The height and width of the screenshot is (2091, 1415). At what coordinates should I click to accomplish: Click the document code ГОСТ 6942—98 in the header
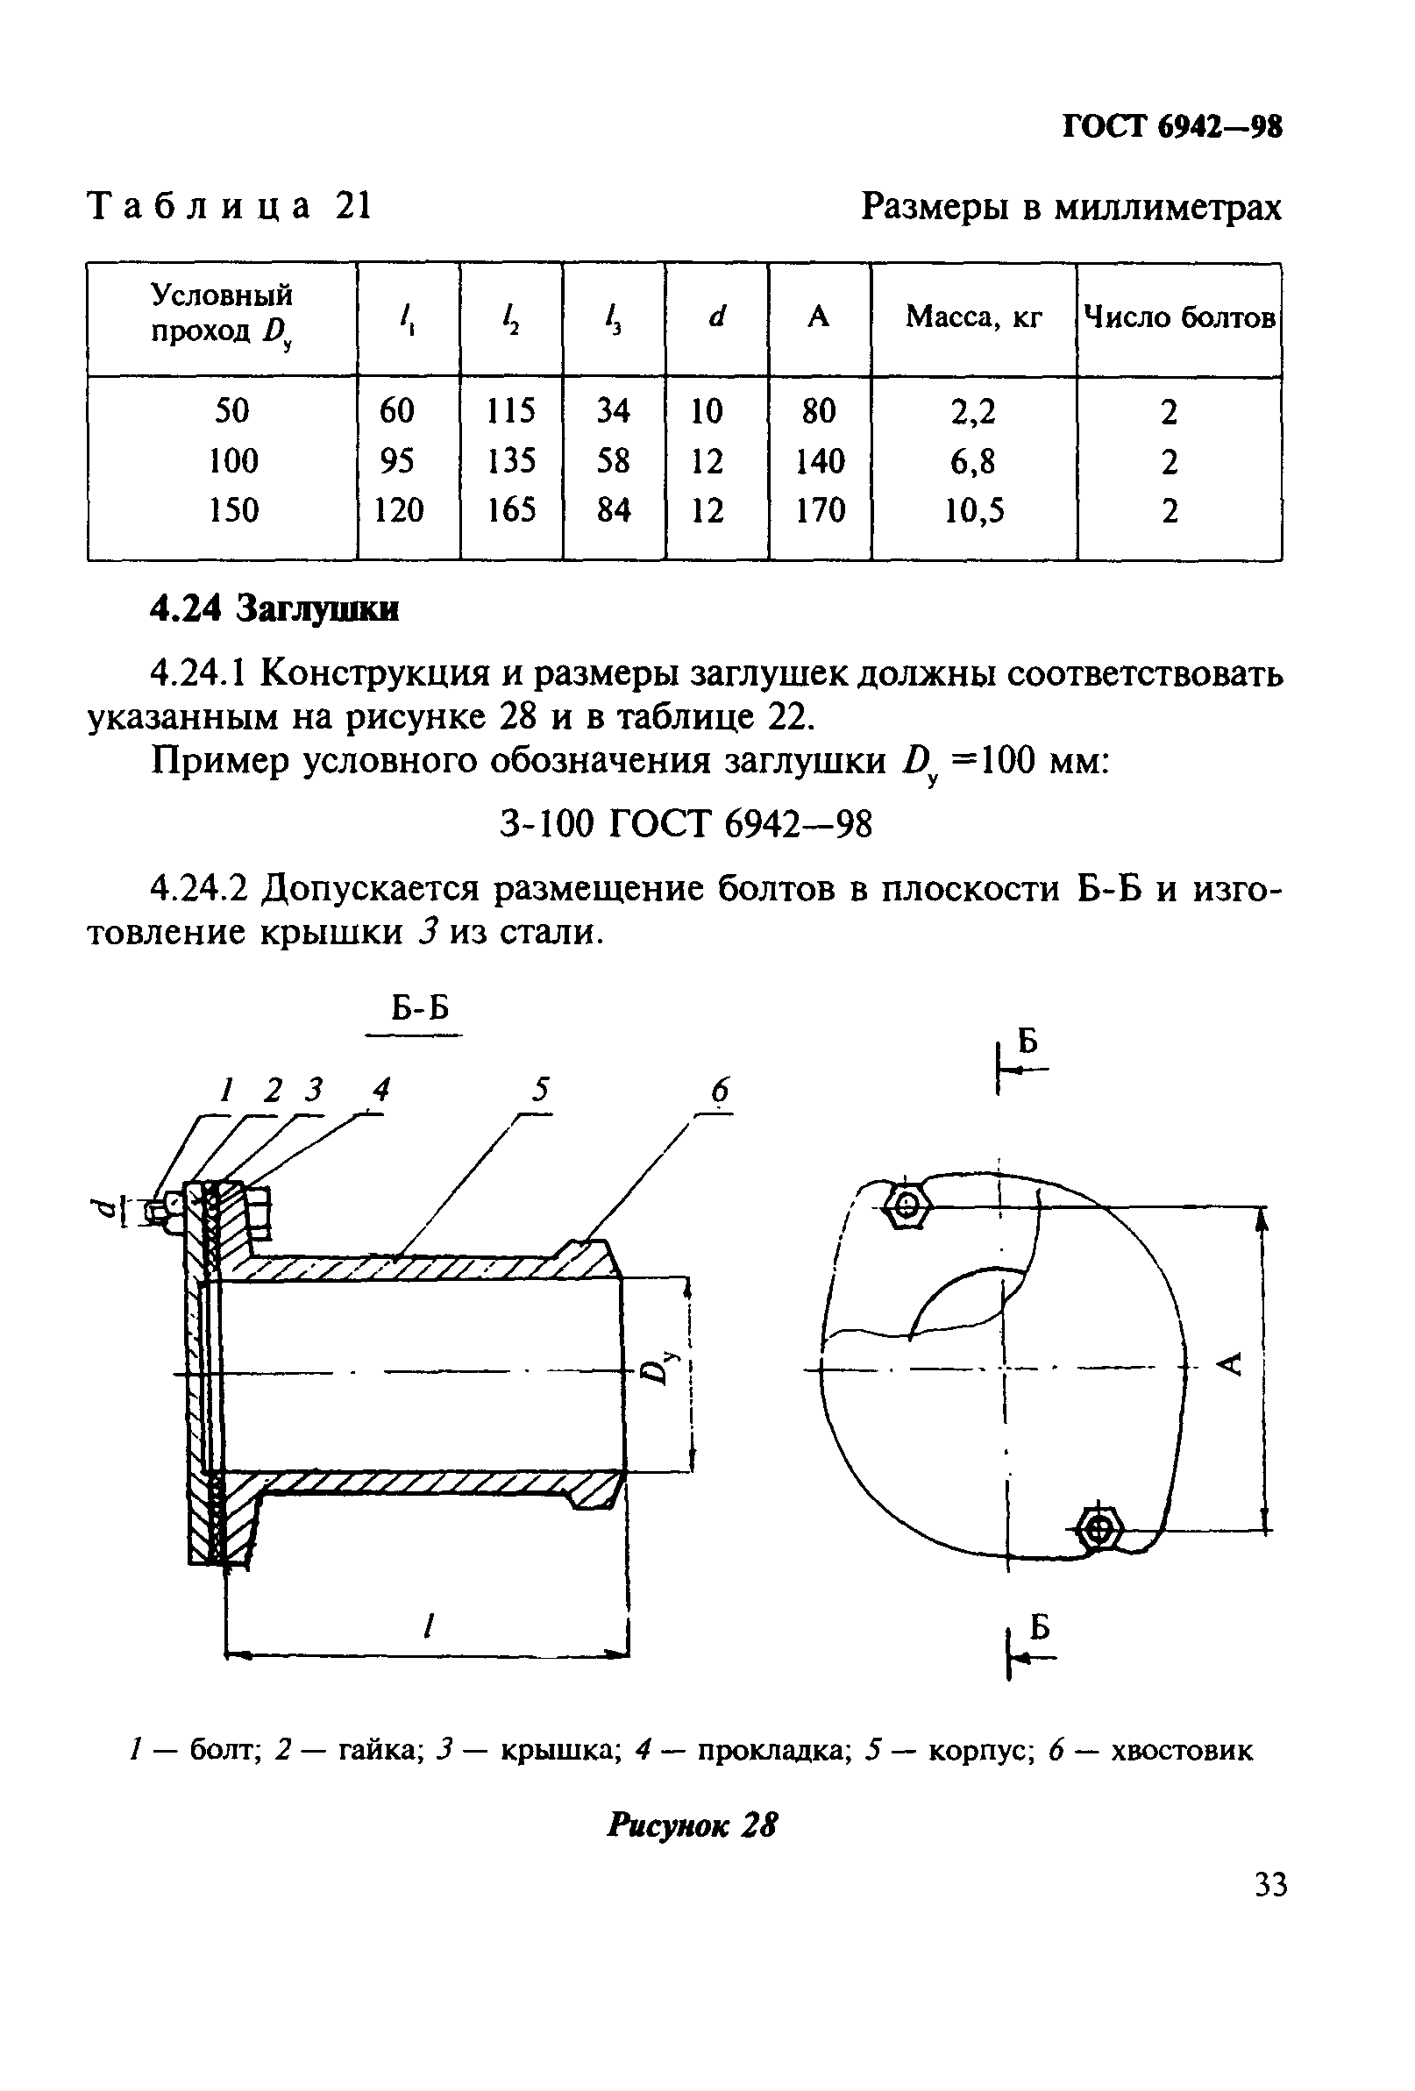point(1171,127)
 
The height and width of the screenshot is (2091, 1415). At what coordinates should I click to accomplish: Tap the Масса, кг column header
point(973,316)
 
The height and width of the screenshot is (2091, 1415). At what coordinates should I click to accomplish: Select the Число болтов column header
point(1179,316)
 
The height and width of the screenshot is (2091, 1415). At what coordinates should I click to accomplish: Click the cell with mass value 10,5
point(973,511)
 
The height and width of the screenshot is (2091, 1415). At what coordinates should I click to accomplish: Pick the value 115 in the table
point(510,411)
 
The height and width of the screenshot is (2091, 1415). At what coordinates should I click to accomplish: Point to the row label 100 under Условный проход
point(233,461)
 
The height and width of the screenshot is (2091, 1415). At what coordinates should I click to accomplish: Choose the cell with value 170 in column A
point(820,511)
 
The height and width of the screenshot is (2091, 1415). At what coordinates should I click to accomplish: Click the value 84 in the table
point(614,511)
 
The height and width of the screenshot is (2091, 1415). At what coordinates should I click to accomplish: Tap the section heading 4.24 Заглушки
point(274,610)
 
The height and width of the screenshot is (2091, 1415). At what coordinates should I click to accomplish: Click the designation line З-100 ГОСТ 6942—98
point(686,823)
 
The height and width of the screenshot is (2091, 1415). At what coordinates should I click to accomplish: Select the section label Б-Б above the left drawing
point(419,1008)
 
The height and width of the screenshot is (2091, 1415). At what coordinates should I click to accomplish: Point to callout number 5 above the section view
point(540,1091)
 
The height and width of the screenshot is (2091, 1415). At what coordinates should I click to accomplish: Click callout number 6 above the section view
point(720,1091)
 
